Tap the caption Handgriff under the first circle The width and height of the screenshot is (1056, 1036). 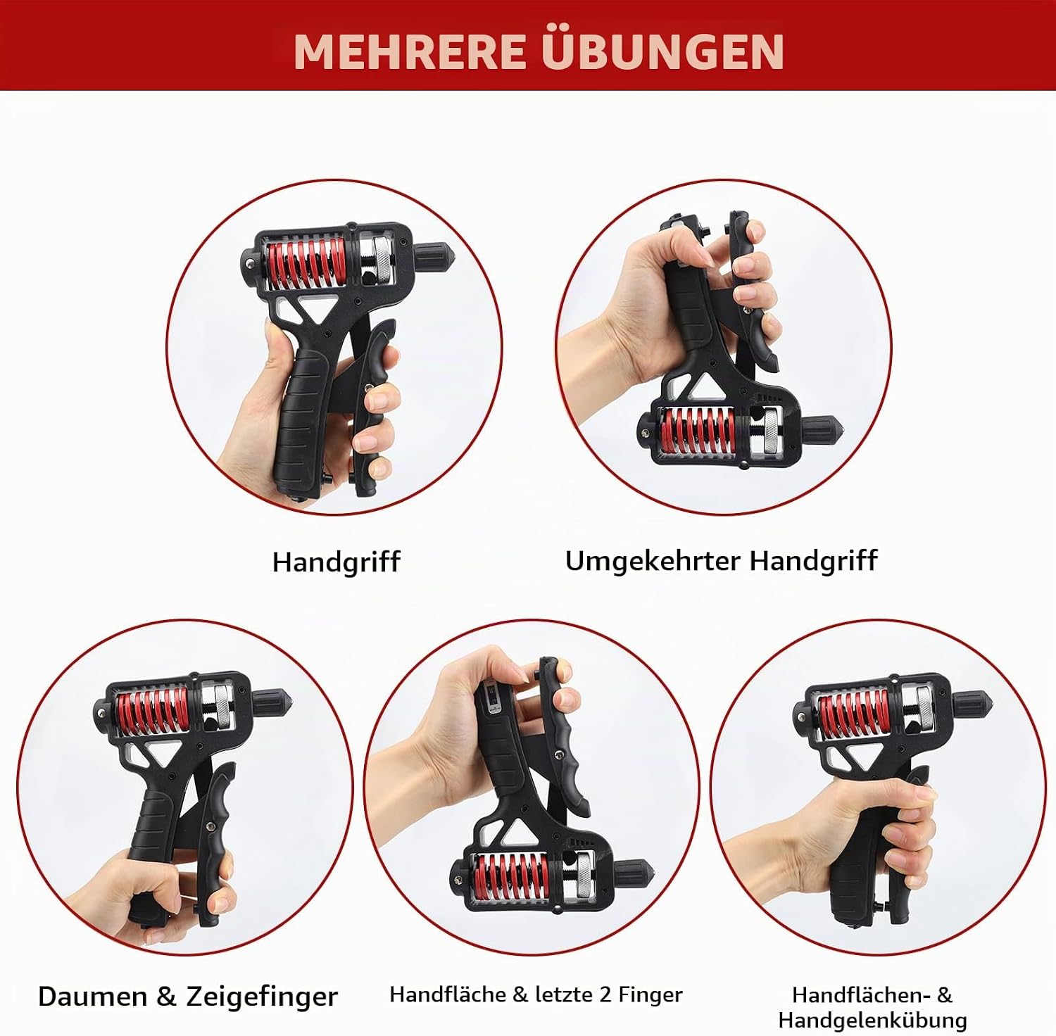336,562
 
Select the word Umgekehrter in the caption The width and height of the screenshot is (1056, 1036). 653,562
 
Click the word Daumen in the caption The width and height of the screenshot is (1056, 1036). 92,997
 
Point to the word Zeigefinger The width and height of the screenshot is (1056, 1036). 262,997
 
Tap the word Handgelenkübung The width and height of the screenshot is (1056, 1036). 872,1020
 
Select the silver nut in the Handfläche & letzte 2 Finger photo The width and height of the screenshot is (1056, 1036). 585,876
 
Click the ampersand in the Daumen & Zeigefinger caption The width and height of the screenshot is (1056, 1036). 166,997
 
